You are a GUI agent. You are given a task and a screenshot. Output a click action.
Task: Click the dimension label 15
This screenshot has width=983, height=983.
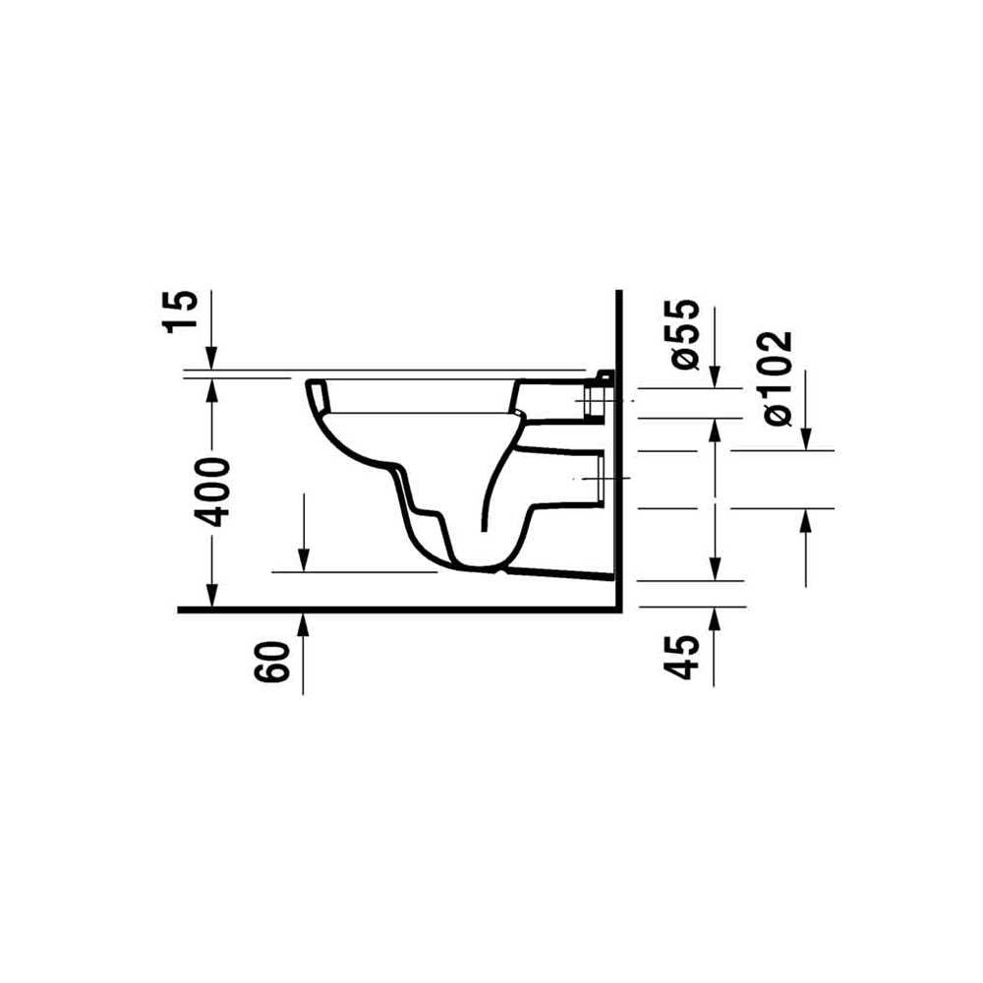click(181, 312)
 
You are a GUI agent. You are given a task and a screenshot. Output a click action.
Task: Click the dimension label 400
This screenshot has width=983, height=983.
click(212, 492)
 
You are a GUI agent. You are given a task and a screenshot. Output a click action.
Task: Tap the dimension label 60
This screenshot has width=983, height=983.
click(272, 662)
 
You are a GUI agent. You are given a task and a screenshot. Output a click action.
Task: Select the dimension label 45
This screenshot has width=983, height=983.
click(681, 657)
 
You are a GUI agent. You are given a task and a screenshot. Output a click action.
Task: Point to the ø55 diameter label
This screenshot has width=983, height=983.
click(681, 334)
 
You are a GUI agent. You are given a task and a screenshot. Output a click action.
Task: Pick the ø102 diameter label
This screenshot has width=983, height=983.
click(778, 378)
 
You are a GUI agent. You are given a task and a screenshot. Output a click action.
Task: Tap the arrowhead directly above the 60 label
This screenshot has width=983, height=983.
click(304, 622)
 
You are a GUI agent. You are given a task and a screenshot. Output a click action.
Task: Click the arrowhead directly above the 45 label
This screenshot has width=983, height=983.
click(714, 619)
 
